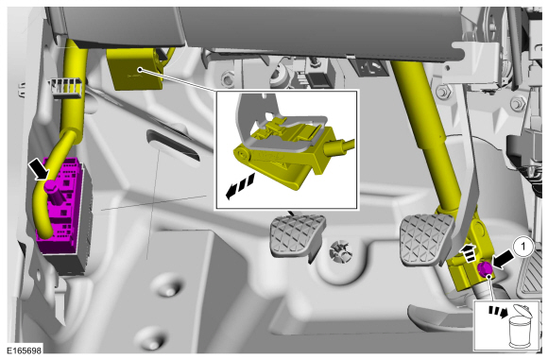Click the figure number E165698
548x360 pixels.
(25, 350)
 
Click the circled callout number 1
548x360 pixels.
(522, 247)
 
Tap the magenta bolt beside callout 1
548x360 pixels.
(484, 269)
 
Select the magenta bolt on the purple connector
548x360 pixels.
(50, 185)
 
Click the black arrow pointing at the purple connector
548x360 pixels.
(39, 168)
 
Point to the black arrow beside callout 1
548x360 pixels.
(504, 262)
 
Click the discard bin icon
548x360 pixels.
(520, 326)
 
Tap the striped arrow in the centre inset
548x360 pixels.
(240, 187)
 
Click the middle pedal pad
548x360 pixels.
(298, 234)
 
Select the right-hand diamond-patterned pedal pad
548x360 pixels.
(425, 239)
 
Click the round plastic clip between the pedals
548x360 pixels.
(341, 250)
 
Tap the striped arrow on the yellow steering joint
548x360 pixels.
(468, 252)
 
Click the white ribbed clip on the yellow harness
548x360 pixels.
(66, 87)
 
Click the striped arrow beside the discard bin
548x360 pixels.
(498, 311)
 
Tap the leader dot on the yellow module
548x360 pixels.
(140, 70)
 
